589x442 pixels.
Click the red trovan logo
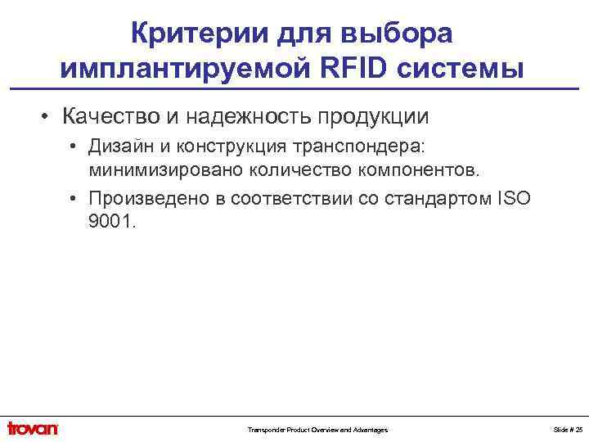tap(34, 428)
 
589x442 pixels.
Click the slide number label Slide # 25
tap(567, 430)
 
